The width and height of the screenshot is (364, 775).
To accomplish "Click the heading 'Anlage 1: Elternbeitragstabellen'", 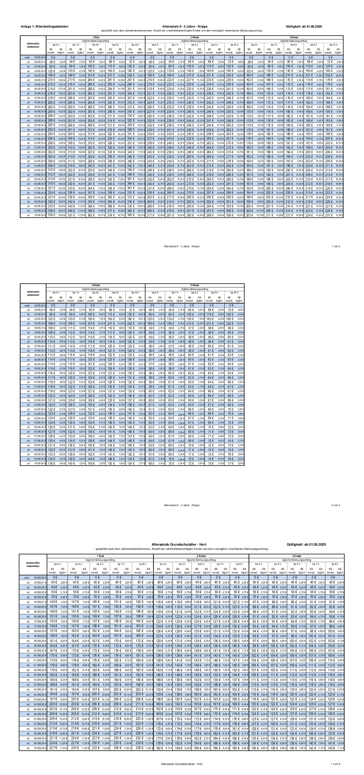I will [x=44, y=27].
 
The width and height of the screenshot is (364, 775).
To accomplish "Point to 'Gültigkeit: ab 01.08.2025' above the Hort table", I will [x=306, y=545].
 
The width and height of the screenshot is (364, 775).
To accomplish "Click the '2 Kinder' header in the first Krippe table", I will [x=194, y=38].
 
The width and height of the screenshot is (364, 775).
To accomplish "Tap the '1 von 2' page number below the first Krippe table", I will [x=336, y=247].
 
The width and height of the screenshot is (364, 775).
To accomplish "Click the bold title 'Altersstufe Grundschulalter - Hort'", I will [x=179, y=545].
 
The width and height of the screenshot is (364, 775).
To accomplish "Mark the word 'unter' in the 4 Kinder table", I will [x=27, y=306].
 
